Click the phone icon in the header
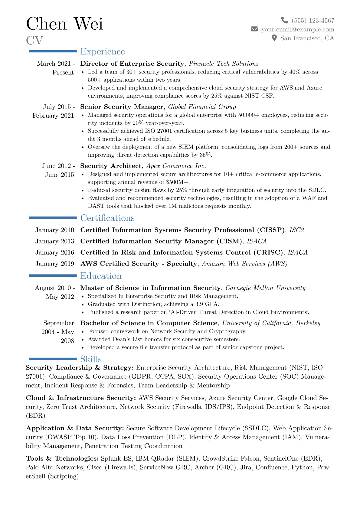pos(284,20)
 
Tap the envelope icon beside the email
pos(254,29)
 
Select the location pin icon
pos(274,38)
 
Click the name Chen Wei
pos(64,24)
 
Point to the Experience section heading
pos(102,52)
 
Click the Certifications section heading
pos(107,218)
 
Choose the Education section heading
pos(101,276)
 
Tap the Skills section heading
pos(91,359)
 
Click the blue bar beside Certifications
pos(53,217)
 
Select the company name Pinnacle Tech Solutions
pos(224,64)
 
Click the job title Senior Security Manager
pos(122,107)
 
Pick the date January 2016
pos(54,253)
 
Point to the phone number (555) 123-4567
pos(313,21)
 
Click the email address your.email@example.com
pos(298,29)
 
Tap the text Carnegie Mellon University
pos(265,288)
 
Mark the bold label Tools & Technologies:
pos(62,458)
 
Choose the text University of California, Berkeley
pos(271,323)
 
